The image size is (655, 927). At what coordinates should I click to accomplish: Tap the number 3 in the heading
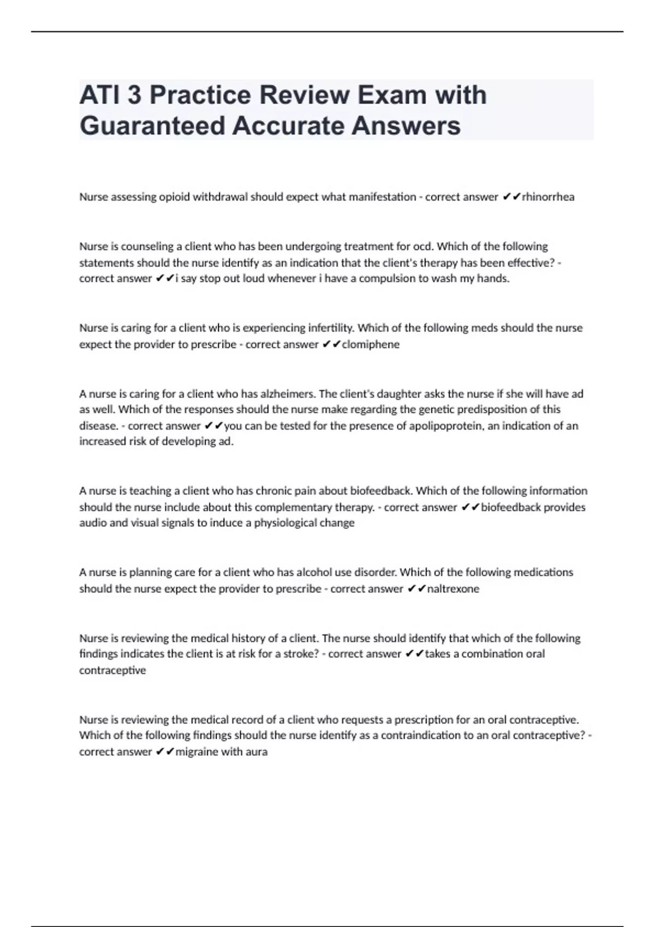(134, 95)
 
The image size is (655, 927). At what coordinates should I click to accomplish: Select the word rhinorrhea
(548, 197)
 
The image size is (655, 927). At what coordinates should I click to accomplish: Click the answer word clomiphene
(371, 345)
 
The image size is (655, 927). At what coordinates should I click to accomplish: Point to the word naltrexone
(453, 589)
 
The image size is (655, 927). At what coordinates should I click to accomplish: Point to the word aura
(257, 752)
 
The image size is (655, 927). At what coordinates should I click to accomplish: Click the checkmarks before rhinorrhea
(511, 197)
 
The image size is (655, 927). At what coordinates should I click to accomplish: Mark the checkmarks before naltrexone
(416, 589)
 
